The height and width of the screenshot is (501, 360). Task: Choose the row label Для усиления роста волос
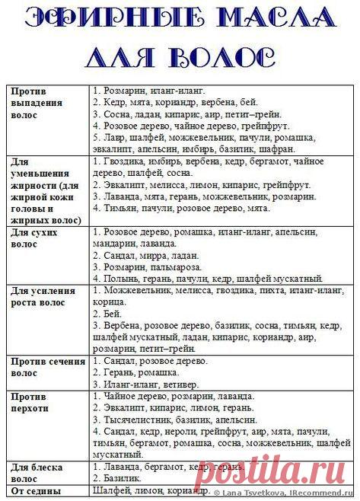44,297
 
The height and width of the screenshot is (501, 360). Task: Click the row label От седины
35,491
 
